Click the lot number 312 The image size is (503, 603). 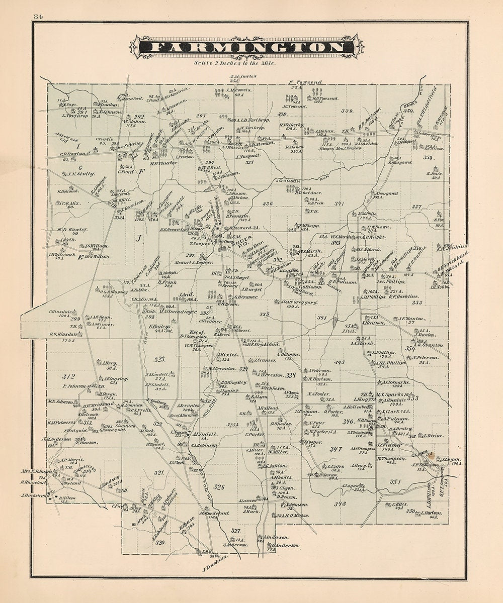tap(68, 376)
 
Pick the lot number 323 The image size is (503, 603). tap(159, 359)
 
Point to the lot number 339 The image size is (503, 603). tap(347, 111)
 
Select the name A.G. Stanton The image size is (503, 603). tap(428, 345)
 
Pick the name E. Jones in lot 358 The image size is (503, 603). tap(434, 174)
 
